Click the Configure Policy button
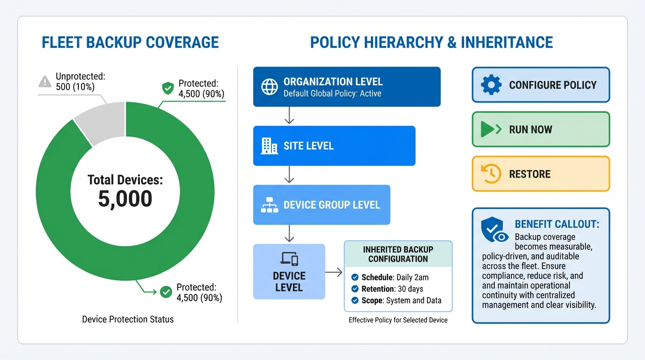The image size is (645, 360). (x=540, y=85)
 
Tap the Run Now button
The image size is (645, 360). (x=540, y=129)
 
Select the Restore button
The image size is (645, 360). (x=540, y=174)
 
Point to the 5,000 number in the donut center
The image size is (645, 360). (x=125, y=199)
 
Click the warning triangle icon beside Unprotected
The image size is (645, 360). (x=45, y=82)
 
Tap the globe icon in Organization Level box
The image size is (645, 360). (x=269, y=87)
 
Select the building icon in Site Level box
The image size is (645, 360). (x=269, y=146)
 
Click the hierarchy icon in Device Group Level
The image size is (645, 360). (x=269, y=205)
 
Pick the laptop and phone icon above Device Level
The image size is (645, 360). (x=289, y=259)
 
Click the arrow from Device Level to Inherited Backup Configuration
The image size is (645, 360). (x=334, y=272)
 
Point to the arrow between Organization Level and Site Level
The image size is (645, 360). (x=289, y=116)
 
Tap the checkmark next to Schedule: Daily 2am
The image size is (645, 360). (x=355, y=277)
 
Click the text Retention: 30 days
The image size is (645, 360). (x=392, y=289)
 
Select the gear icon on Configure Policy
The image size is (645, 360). (x=491, y=85)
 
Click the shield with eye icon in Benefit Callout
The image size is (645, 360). (x=493, y=230)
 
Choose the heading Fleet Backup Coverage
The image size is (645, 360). (x=130, y=42)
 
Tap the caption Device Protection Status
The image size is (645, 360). (x=128, y=319)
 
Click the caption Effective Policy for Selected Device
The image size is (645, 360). (x=398, y=320)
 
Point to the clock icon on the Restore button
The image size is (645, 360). (x=491, y=174)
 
